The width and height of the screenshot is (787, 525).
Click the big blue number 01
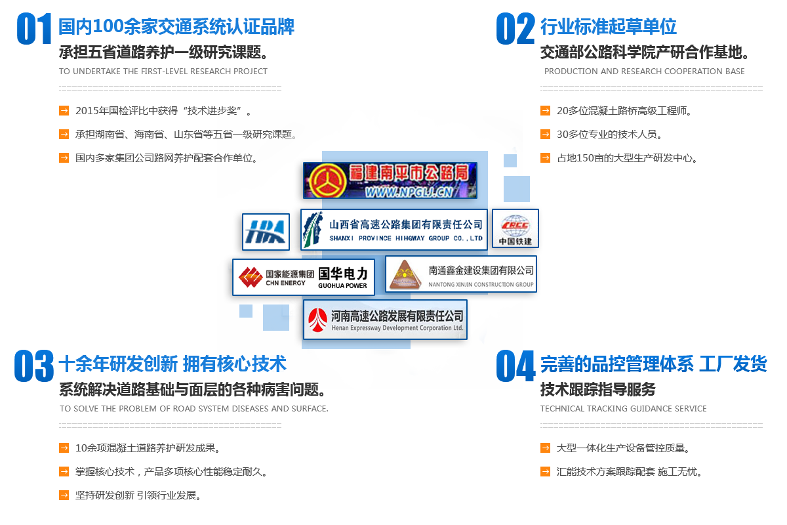click(x=34, y=28)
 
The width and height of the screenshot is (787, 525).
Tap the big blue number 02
click(x=515, y=28)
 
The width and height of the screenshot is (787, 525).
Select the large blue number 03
click(x=33, y=366)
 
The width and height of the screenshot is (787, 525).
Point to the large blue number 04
click(x=515, y=366)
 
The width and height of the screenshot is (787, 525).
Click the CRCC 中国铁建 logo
click(x=515, y=228)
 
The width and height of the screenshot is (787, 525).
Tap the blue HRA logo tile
click(x=266, y=232)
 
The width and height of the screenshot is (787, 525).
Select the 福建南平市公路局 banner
click(x=390, y=180)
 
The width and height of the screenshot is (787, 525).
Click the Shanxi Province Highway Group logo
click(x=394, y=230)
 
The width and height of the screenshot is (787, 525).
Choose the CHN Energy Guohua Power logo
click(x=304, y=277)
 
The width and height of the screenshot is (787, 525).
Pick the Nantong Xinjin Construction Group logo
click(x=461, y=274)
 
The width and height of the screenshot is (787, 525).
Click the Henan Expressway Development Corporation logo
click(x=385, y=320)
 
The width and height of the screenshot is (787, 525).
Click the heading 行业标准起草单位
click(x=608, y=27)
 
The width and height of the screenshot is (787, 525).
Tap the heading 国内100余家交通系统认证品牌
click(x=176, y=27)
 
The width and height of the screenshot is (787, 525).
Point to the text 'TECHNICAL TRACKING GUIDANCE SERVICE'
click(x=623, y=409)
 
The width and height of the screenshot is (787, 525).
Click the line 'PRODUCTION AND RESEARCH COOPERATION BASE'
click(x=644, y=72)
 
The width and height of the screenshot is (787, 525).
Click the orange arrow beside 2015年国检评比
click(x=64, y=110)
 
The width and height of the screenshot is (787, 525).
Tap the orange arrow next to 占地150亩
click(x=545, y=157)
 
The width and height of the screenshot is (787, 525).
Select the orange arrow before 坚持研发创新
click(x=64, y=495)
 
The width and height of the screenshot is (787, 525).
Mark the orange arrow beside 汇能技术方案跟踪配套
click(x=545, y=471)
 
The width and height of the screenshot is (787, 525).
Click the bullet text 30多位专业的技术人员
click(x=609, y=135)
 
